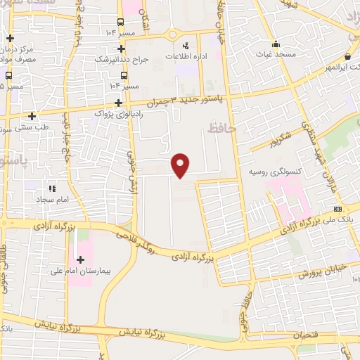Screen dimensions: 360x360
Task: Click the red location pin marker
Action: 181,165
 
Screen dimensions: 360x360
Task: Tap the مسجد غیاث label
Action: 274,53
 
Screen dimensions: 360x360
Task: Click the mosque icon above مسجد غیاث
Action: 274,43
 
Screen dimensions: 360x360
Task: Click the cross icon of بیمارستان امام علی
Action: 80,259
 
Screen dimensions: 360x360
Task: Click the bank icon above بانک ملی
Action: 337,209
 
